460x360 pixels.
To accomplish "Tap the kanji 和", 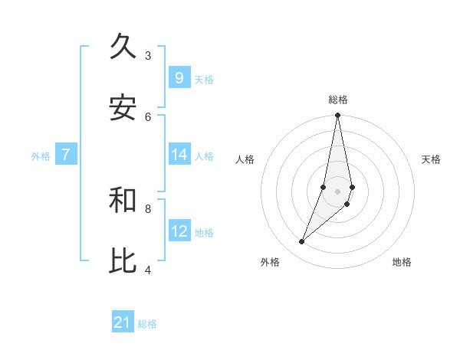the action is [123, 200].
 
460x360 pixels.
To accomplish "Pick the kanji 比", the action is [123, 261].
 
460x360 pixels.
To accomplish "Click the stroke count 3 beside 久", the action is [148, 55].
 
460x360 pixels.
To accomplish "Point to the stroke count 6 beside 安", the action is [148, 116].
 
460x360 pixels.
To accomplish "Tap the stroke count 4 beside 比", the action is [148, 270].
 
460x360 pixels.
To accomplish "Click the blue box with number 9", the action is [179, 78].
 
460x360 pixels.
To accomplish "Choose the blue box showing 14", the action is [179, 155].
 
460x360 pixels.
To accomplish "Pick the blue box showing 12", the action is [179, 231].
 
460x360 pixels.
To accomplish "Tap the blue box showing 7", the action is [66, 155].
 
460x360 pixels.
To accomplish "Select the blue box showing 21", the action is [123, 323].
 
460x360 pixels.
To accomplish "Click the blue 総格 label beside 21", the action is [147, 324].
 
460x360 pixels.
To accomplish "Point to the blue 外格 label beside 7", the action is [41, 155].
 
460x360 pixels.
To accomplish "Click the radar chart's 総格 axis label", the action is [337, 100].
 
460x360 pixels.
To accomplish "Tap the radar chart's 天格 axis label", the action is [431, 159].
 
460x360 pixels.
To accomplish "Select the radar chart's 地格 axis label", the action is [402, 262].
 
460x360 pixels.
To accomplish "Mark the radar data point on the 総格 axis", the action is [337, 116].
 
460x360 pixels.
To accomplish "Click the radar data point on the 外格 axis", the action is [301, 242].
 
